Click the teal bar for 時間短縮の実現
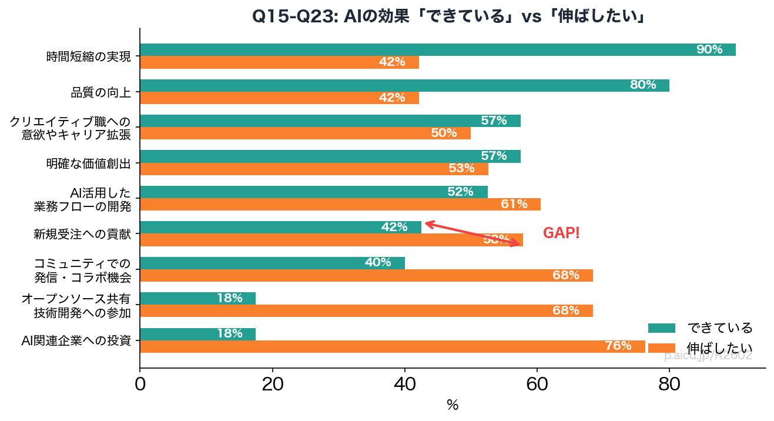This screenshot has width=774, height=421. pos(411,50)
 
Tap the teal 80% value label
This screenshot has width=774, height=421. pos(642,85)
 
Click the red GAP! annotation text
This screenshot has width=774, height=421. pos(561,233)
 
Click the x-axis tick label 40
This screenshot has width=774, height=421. pos(404,384)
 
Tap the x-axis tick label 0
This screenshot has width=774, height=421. pos(140,384)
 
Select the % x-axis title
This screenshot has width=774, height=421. pos(453,405)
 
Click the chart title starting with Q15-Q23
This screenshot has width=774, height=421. pos(449,16)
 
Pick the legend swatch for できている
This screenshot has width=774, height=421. pos(661,328)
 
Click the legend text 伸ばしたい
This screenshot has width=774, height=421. pos(719,348)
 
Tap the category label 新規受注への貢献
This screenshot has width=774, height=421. pos(82,234)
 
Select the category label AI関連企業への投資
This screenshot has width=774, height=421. pos(76,340)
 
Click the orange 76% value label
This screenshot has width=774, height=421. pos(618,346)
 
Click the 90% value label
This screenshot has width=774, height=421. pos(709,49)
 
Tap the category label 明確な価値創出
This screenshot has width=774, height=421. pos(88,163)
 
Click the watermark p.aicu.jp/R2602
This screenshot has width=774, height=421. pos(708,356)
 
